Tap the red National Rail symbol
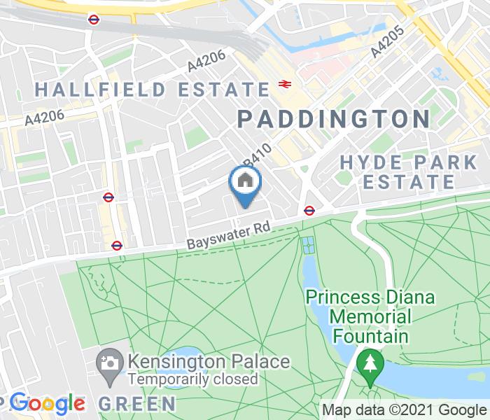[284, 84]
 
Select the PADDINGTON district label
[333, 118]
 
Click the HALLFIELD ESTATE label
[152, 90]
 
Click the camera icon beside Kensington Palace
[110, 363]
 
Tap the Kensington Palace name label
[208, 362]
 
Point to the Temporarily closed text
[192, 379]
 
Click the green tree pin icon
[367, 363]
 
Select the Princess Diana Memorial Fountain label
[370, 316]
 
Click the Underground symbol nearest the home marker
[309, 209]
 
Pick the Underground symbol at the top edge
[93, 19]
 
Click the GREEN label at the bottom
[136, 403]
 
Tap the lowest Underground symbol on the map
[117, 245]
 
